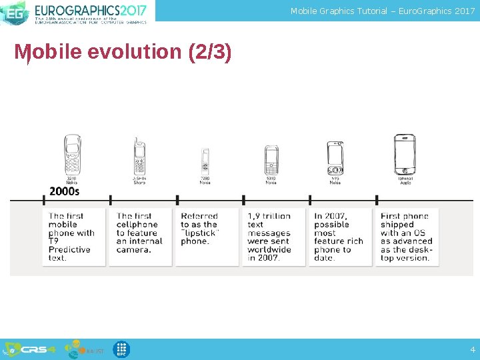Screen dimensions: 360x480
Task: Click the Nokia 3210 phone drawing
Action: click(72, 155)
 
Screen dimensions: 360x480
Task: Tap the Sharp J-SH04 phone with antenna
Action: click(139, 157)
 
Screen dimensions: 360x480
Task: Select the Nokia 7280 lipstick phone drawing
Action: click(205, 161)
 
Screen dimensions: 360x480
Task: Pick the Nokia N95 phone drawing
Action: click(335, 158)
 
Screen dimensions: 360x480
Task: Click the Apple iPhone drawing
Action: click(405, 154)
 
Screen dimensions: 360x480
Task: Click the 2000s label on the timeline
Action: click(64, 191)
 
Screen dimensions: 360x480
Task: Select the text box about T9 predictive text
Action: click(73, 237)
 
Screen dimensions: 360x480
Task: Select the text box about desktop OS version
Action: click(407, 237)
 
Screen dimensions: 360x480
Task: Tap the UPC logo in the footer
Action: click(121, 349)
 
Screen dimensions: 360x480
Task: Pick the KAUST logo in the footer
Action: click(83, 349)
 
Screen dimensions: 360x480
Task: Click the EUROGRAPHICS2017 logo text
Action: click(90, 10)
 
